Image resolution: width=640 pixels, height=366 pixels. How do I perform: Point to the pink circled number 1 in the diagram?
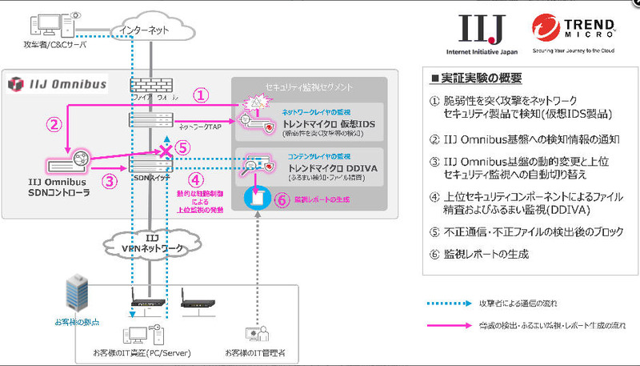(202, 95)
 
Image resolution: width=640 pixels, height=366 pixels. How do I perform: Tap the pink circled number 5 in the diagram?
(183, 147)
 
